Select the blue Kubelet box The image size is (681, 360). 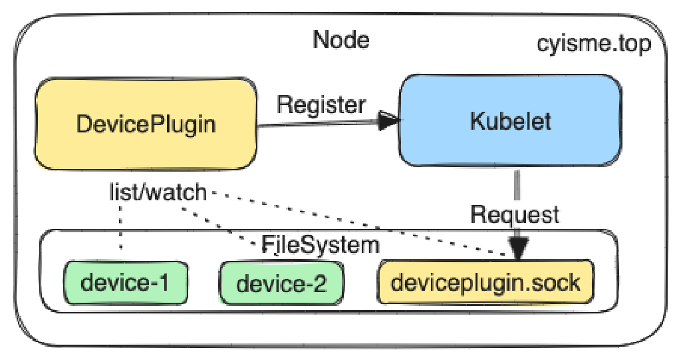509,120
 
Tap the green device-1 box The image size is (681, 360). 124,283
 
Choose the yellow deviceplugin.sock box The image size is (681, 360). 485,283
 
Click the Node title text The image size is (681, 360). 341,40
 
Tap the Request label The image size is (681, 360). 515,214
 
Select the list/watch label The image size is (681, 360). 158,193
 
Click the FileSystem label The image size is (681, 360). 321,244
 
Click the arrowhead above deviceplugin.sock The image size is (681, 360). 519,248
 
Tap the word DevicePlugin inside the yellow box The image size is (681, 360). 145,124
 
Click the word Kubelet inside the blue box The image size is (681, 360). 510,122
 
